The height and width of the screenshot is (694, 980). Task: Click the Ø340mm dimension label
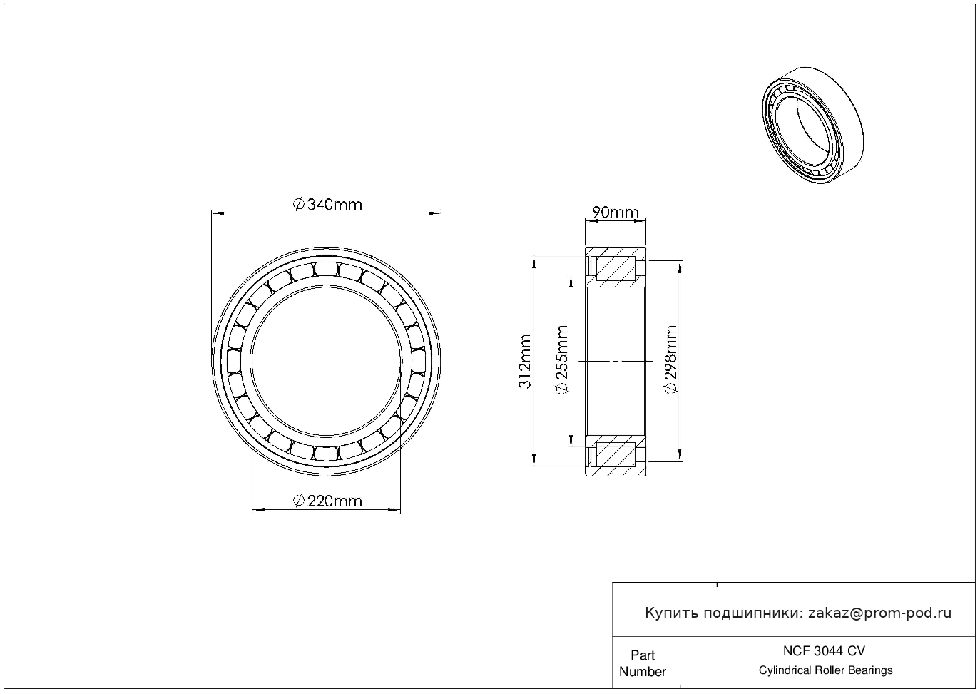(x=327, y=205)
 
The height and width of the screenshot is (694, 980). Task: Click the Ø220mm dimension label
(x=327, y=501)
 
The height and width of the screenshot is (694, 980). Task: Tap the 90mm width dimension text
(x=615, y=213)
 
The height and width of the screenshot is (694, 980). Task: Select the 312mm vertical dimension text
(x=524, y=362)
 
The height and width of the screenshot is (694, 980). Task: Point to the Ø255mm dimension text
(x=561, y=360)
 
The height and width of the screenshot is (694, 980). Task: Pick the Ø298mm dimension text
(x=670, y=360)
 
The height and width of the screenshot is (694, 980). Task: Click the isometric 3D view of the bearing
(x=813, y=125)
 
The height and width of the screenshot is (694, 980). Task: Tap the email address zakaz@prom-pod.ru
(x=880, y=613)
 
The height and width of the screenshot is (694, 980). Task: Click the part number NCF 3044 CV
(x=825, y=651)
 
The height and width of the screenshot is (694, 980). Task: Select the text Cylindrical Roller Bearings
(x=825, y=670)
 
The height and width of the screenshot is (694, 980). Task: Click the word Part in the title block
(x=643, y=655)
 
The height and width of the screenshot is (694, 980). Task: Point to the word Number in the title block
(x=642, y=671)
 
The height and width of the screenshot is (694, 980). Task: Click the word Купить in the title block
(x=672, y=613)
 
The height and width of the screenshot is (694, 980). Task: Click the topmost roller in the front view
(x=327, y=269)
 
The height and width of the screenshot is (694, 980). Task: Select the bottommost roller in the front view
(x=327, y=454)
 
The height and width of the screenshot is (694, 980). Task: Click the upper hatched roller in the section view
(x=616, y=269)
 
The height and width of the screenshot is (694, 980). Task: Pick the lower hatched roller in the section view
(x=616, y=454)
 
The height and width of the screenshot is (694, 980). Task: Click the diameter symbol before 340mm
(x=298, y=205)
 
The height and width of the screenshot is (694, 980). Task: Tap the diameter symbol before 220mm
(x=298, y=501)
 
